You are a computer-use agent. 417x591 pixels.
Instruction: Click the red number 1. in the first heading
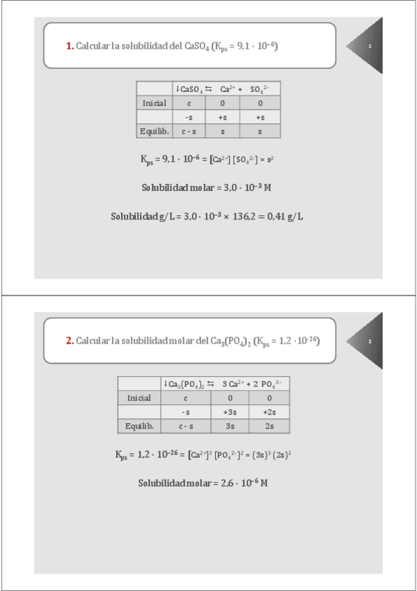pos(70,47)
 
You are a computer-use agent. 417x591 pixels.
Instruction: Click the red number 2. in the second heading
pos(70,341)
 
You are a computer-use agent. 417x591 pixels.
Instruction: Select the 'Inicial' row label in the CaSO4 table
pos(154,103)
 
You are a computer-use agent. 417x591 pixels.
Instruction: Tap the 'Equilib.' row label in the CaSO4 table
pos(154,131)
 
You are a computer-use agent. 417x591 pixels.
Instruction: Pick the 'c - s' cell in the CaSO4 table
pos(189,131)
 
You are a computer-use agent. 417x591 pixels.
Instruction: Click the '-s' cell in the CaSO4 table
pos(189,117)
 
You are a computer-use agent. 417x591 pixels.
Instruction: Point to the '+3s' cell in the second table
pos(231,412)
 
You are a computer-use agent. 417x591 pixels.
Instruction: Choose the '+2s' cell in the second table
pos(269,412)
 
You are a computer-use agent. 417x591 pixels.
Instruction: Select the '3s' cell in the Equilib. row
pos(231,426)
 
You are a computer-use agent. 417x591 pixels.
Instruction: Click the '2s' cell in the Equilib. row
pos(269,426)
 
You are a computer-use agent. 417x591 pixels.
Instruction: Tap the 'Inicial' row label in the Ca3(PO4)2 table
pos(139,398)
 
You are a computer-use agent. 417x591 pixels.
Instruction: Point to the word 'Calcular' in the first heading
pos(92,47)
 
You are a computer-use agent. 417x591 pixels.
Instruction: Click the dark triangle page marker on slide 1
pos(368,46)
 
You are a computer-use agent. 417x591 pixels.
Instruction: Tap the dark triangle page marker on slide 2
pos(368,341)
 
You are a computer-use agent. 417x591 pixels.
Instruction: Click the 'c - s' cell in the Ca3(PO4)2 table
pos(186,426)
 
